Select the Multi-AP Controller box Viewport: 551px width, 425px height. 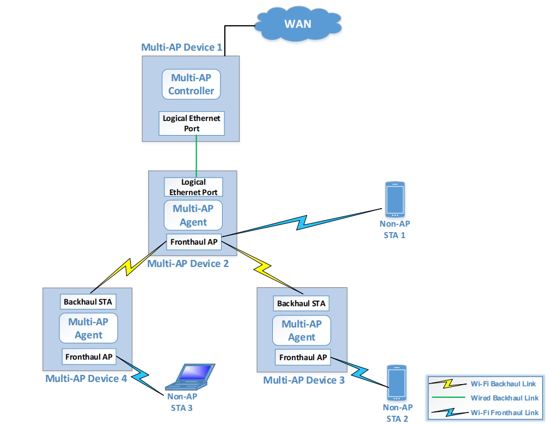191,84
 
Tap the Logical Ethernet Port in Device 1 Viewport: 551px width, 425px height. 191,123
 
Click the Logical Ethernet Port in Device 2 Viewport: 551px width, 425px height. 193,187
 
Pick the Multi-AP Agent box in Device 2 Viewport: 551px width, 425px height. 193,215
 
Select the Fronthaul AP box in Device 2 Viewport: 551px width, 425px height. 193,241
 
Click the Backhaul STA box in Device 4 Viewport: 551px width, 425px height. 88,301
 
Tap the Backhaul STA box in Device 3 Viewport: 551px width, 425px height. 301,303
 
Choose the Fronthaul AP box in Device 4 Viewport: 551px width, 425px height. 89,357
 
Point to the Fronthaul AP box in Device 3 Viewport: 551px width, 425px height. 303,357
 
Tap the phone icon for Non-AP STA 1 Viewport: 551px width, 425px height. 394,199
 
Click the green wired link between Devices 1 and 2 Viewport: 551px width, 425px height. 196,156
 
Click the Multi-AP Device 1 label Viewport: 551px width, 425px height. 181,47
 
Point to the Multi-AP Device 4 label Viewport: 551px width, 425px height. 86,378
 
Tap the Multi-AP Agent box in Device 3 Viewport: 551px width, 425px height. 302,330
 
